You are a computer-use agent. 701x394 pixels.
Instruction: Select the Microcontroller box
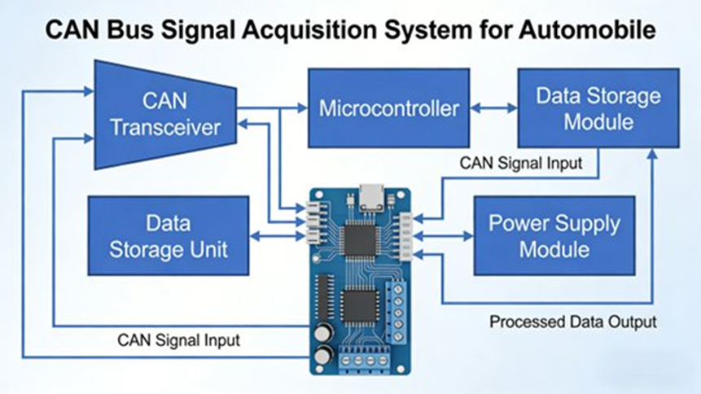(388, 107)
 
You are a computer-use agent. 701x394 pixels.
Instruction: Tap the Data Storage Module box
(598, 107)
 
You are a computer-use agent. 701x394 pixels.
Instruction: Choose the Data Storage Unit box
(168, 235)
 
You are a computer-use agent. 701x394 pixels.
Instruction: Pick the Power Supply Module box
(554, 235)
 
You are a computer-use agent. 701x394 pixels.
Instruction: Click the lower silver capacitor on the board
(324, 355)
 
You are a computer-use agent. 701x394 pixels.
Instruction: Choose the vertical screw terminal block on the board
(397, 312)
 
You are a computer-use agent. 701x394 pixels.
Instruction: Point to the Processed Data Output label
(572, 322)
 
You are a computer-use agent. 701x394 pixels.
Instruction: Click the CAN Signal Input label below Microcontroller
(521, 163)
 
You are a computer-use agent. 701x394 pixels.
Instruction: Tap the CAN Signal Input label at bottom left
(179, 339)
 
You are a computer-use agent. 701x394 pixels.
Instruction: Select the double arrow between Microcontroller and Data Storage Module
(493, 107)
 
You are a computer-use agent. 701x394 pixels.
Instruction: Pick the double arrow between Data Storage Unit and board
(277, 236)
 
